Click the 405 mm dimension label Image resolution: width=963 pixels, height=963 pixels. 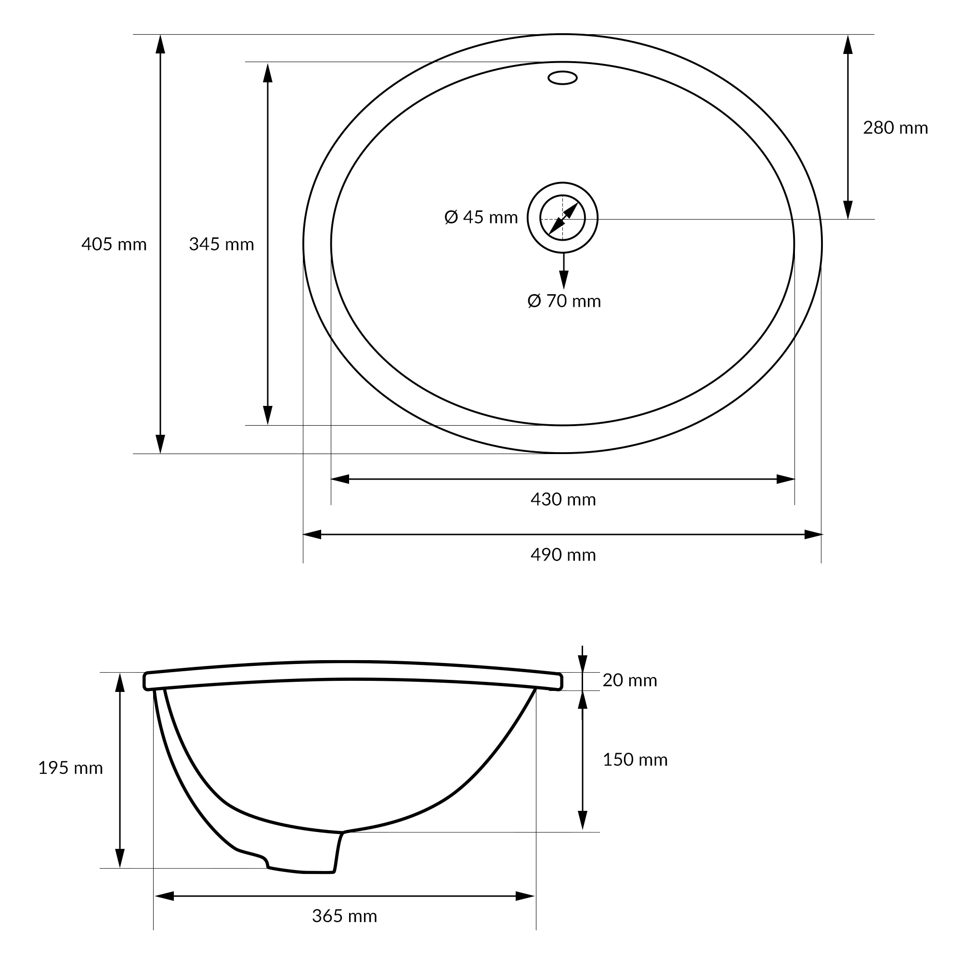coord(114,244)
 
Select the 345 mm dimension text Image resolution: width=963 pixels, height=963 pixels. coord(221,244)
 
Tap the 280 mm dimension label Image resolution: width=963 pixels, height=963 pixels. coord(896,128)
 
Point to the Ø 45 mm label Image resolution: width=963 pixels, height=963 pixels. coord(481,217)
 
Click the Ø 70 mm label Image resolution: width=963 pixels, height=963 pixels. coord(564,301)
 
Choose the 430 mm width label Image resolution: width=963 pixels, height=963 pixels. coord(563,499)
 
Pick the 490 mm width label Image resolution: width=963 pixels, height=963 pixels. coord(563,555)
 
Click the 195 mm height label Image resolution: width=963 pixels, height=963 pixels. coord(71,768)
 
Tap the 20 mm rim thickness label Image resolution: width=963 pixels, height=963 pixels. coord(630,680)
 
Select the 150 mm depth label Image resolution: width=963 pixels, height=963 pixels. coord(636,760)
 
